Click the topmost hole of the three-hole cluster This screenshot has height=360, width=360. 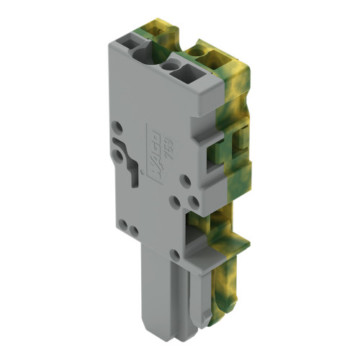186,181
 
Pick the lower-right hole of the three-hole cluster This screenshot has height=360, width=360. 193,202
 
